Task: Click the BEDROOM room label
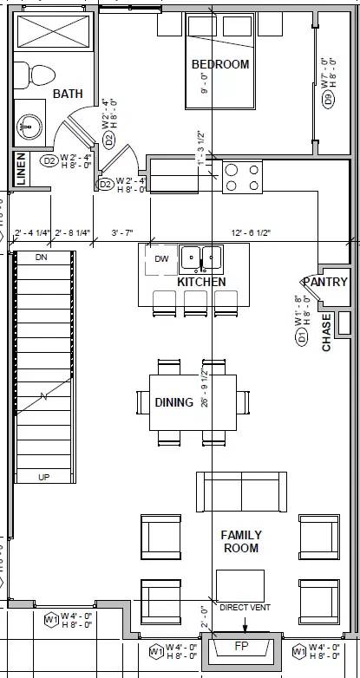coord(220,64)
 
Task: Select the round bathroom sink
coord(29,126)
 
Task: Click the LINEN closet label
coord(21,170)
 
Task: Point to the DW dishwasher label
coord(161,258)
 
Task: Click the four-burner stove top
coord(242,177)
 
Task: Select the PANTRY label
coord(325,282)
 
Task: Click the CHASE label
coord(327,332)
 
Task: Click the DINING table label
coord(173,402)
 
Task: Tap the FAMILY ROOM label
coord(240,542)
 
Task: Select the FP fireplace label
coord(242,647)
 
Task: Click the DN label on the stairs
coord(41,258)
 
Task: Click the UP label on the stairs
coord(43,477)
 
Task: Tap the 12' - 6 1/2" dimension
coord(252,233)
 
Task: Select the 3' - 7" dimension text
coord(121,233)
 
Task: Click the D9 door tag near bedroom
coord(328,99)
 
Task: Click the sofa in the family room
coord(242,493)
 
